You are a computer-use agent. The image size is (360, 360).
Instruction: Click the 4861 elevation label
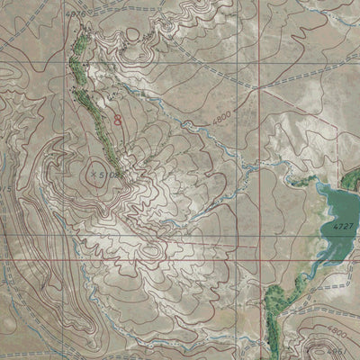coord(338,349)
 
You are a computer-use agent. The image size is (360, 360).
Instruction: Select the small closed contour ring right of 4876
coord(132,34)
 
